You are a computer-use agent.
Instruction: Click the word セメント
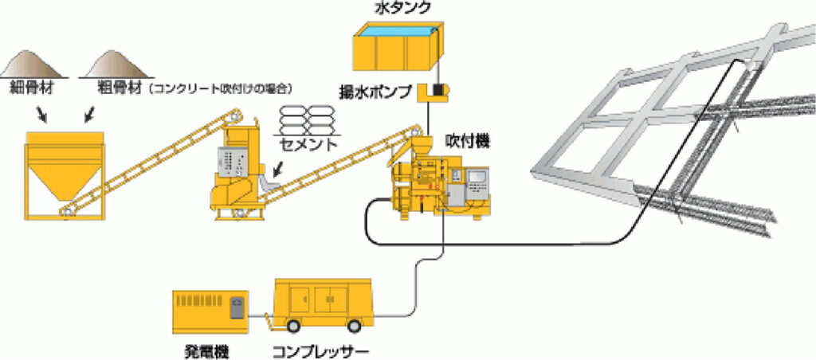tap(307, 146)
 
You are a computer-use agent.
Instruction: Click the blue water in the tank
tap(398, 29)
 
